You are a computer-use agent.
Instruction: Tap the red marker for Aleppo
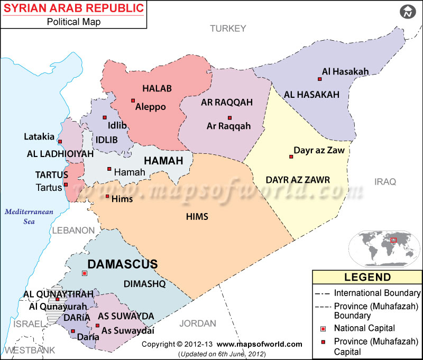click(x=133, y=100)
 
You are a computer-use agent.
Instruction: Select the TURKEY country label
click(x=228, y=29)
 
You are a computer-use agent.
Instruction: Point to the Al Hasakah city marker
click(x=319, y=79)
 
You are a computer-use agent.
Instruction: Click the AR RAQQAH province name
click(x=226, y=102)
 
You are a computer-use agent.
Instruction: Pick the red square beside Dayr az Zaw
click(x=291, y=156)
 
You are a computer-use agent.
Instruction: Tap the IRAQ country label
click(x=385, y=182)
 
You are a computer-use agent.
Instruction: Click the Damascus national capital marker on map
click(x=84, y=273)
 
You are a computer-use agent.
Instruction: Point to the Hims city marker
click(x=107, y=197)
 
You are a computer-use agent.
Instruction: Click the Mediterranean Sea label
click(x=29, y=217)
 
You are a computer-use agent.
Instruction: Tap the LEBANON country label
click(x=73, y=230)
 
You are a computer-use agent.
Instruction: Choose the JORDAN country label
click(x=198, y=324)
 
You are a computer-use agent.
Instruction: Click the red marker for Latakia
click(x=60, y=142)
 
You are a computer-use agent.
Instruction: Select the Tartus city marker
click(x=66, y=184)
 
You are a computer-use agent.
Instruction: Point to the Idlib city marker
click(x=105, y=117)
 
